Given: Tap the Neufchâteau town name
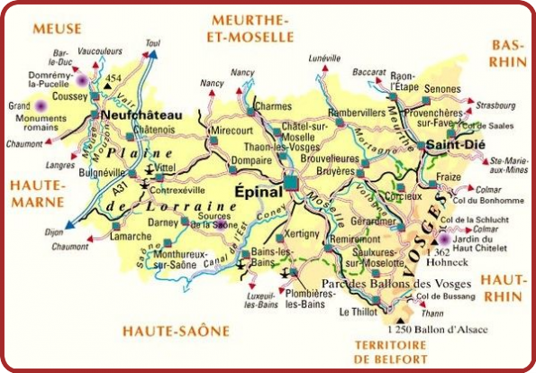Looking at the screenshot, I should pos(142,115).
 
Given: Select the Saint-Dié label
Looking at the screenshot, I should pos(451,144).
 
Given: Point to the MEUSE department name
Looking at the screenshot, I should pos(57,29).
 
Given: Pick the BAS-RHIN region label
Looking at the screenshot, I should pos(508,52).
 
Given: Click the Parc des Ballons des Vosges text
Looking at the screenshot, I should pos(372,283).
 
